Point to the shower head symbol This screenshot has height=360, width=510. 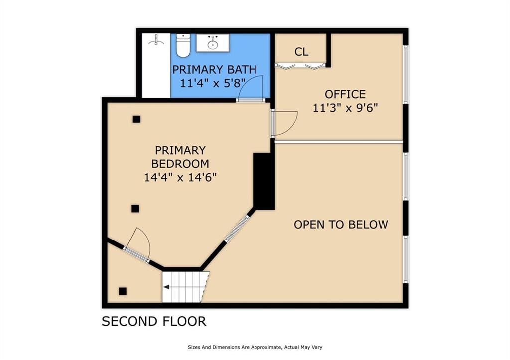pyautogui.click(x=156, y=41)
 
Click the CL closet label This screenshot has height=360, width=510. pyautogui.click(x=301, y=52)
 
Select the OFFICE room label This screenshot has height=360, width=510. pyautogui.click(x=345, y=94)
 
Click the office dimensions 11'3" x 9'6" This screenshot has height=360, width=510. pyautogui.click(x=345, y=108)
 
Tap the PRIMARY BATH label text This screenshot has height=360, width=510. pyautogui.click(x=214, y=70)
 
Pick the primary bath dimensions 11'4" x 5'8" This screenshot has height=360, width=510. pyautogui.click(x=213, y=83)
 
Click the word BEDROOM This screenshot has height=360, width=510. pyautogui.click(x=180, y=164)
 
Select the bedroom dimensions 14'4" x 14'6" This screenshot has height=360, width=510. pyautogui.click(x=180, y=177)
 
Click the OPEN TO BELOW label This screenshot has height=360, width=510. pyautogui.click(x=341, y=225)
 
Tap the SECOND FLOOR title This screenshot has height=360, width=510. pyautogui.click(x=154, y=321)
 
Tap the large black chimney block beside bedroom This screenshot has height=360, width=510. pyautogui.click(x=264, y=181)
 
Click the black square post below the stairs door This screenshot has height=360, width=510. pyautogui.click(x=123, y=291)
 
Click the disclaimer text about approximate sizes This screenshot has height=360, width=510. pyautogui.click(x=255, y=347)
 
